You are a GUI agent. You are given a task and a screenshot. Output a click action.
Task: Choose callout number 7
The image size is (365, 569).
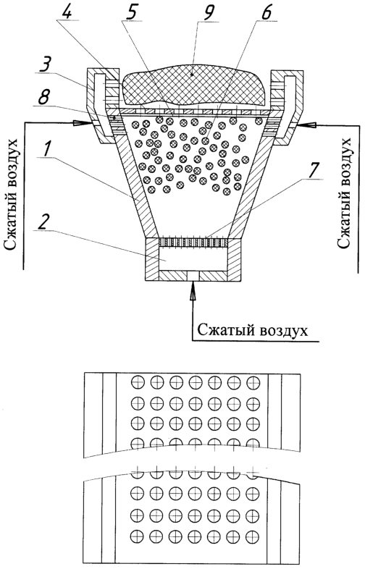point(313,169)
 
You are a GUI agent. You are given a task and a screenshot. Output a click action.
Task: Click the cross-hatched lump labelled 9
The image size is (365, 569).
point(193,86)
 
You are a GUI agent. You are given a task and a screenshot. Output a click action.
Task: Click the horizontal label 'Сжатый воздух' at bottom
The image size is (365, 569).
point(253,331)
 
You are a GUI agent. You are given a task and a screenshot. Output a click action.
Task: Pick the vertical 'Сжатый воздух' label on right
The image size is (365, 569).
point(345,193)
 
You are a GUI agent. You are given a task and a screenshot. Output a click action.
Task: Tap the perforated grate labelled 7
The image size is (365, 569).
point(193,242)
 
